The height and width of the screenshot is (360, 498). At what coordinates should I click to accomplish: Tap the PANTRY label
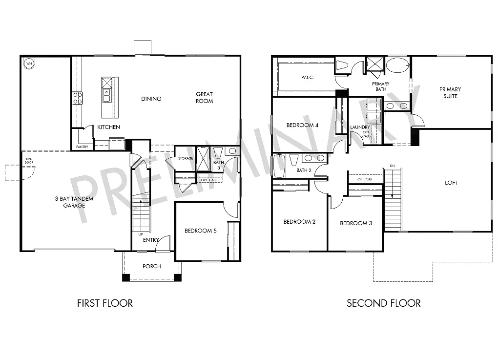(82, 147)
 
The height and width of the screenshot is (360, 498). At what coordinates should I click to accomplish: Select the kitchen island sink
(106, 92)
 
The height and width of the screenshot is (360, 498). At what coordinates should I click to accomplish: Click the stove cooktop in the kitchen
(77, 98)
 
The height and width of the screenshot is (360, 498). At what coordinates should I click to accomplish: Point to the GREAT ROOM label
(205, 98)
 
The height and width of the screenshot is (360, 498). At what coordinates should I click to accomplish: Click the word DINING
(151, 99)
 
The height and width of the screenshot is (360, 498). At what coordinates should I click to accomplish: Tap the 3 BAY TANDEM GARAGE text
(74, 202)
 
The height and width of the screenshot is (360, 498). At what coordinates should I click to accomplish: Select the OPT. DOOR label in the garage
(29, 161)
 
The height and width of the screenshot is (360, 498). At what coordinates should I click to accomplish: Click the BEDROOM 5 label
(200, 231)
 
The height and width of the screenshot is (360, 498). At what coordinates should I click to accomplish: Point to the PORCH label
(151, 266)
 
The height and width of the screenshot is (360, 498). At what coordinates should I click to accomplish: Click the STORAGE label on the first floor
(186, 158)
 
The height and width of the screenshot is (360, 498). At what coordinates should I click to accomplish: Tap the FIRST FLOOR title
(105, 303)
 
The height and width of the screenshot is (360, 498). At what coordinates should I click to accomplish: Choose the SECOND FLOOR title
(383, 303)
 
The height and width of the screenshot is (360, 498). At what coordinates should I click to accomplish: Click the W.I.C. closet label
(307, 77)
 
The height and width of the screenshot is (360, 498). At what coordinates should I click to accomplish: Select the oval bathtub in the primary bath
(398, 65)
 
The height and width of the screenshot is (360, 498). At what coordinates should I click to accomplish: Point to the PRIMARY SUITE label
(450, 93)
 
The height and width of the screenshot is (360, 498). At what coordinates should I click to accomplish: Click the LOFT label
(452, 183)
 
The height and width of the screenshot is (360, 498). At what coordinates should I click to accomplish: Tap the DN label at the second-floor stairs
(392, 166)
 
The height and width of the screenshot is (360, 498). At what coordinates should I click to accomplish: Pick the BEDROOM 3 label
(356, 223)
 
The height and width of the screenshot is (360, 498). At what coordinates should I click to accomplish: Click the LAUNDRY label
(360, 127)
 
